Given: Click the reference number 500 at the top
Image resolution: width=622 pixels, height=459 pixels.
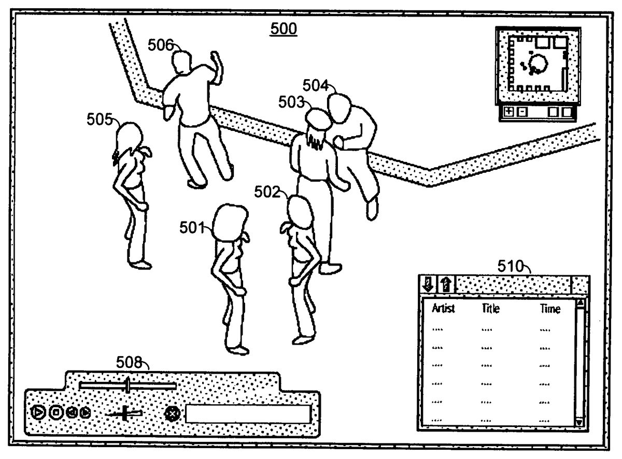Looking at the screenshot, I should (x=284, y=29).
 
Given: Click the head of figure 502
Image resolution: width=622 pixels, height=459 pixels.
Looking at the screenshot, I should (x=300, y=211).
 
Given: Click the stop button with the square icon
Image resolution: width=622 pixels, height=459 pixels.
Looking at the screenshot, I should (x=56, y=412).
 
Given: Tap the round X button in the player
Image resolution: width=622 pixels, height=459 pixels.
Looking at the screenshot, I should (x=171, y=413).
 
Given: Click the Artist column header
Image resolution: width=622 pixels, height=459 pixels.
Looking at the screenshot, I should (x=443, y=309).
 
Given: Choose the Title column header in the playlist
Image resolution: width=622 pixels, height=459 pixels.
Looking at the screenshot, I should (x=490, y=309).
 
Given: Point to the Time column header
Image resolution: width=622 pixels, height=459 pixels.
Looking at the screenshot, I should (x=549, y=309).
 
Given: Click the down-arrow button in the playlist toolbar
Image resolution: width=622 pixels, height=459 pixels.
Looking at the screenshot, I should (x=428, y=284).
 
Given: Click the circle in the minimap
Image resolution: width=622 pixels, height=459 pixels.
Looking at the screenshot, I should (x=539, y=63).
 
